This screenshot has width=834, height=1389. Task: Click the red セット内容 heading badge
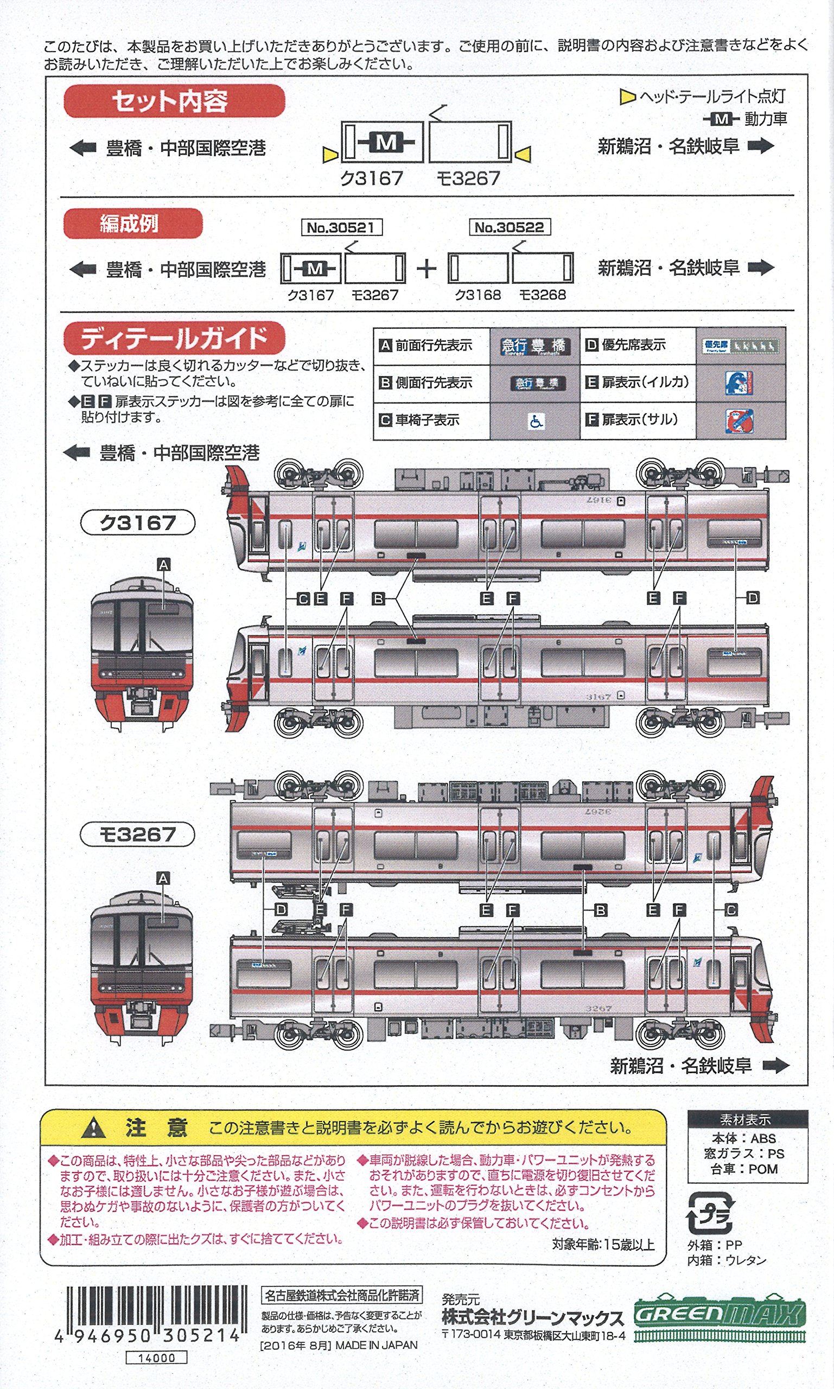pyautogui.click(x=174, y=101)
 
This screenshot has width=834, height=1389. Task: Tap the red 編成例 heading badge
pyautogui.click(x=132, y=224)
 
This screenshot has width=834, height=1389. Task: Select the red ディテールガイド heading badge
pyautogui.click(x=174, y=338)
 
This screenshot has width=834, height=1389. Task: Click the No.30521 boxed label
pyautogui.click(x=341, y=227)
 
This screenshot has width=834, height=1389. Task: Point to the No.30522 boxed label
pyautogui.click(x=509, y=227)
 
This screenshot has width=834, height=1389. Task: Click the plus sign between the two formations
pyautogui.click(x=426, y=269)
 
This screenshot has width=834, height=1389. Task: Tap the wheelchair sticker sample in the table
pyautogui.click(x=536, y=421)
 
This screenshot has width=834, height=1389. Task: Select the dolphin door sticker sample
pyautogui.click(x=739, y=383)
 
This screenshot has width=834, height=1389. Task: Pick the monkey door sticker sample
pyautogui.click(x=739, y=421)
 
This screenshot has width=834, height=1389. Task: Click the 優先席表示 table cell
pyautogui.click(x=637, y=345)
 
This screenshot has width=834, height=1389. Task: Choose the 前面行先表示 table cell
pyautogui.click(x=431, y=346)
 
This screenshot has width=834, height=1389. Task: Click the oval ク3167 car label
pyautogui.click(x=138, y=523)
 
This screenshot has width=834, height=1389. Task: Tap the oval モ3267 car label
pyautogui.click(x=138, y=834)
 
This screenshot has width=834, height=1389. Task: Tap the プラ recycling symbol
pyautogui.click(x=710, y=1213)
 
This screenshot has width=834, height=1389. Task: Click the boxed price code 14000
pyautogui.click(x=156, y=1358)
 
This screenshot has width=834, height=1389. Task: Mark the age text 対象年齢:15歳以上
pyautogui.click(x=603, y=1244)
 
